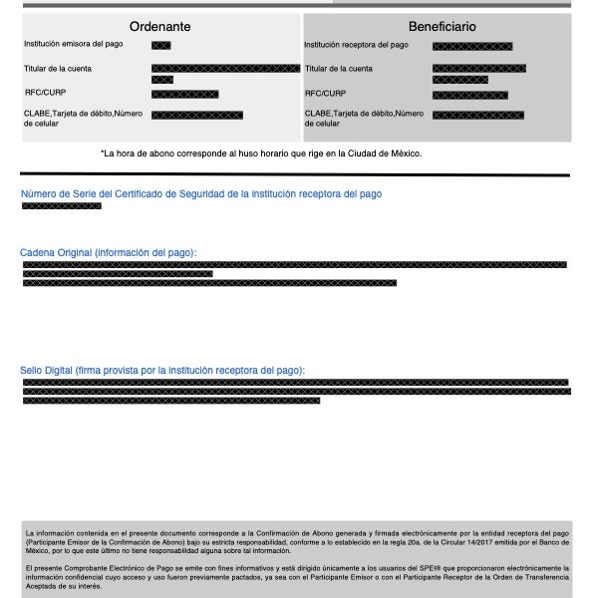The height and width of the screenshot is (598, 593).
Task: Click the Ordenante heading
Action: [x=159, y=27]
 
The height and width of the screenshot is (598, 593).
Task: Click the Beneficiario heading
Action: [x=442, y=27]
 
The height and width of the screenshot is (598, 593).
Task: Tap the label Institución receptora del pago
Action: [x=356, y=45]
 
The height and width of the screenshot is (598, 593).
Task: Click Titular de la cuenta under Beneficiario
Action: [x=339, y=69]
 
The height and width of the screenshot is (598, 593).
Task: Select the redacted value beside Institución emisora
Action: [x=160, y=46]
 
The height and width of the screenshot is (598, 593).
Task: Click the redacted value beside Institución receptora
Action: [x=472, y=46]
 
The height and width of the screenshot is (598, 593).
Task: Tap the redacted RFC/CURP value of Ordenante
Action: [x=184, y=94]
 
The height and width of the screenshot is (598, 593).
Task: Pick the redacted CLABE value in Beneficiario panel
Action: [x=477, y=116]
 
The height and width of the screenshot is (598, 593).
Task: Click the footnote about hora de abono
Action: [x=261, y=153]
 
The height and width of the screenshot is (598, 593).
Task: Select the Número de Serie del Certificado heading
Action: [x=200, y=194]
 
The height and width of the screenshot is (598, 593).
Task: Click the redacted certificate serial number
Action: [x=61, y=206]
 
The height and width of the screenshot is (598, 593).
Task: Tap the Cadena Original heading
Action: [x=109, y=253]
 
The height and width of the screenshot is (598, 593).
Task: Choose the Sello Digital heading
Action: [x=162, y=371]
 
